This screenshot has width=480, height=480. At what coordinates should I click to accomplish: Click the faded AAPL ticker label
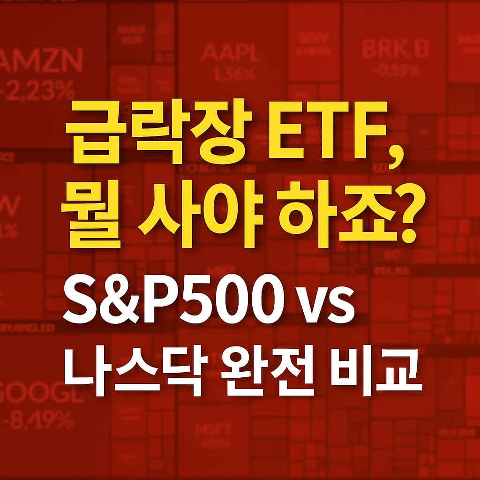click(x=230, y=53)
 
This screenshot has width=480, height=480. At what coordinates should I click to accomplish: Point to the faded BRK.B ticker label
click(x=395, y=49)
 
